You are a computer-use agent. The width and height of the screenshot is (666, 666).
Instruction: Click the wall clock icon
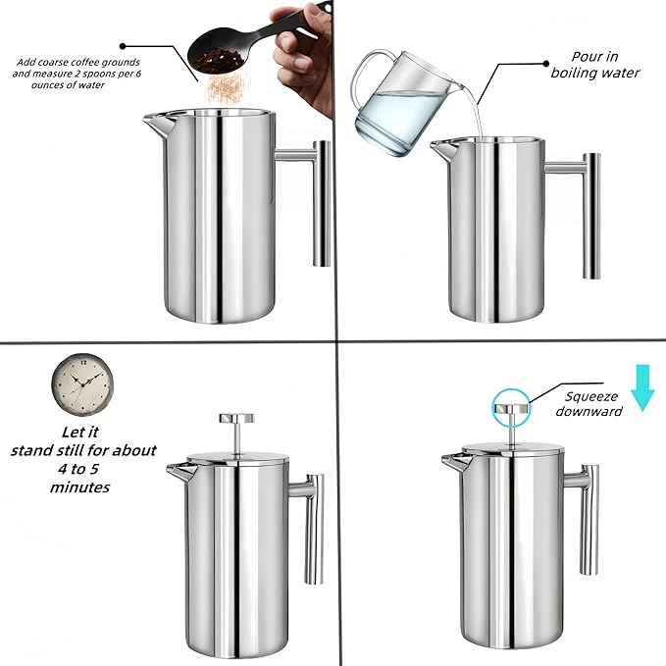point(76,384)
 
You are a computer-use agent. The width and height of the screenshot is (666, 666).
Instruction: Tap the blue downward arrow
point(642,385)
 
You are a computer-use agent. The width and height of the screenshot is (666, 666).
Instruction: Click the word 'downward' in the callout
point(589,411)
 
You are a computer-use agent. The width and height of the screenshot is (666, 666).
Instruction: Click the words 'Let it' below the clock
point(83,432)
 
